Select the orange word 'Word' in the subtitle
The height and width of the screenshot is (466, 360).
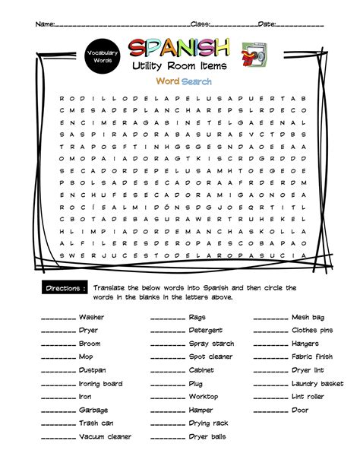pyautogui.click(x=167, y=81)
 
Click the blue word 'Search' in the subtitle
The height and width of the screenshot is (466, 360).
pyautogui.click(x=196, y=81)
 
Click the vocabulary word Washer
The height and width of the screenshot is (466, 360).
pyautogui.click(x=91, y=317)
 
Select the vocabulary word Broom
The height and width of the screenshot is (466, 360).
pyautogui.click(x=89, y=344)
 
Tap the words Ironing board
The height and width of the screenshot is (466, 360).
pyautogui.click(x=100, y=384)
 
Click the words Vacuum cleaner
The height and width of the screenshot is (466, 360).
pyautogui.click(x=105, y=436)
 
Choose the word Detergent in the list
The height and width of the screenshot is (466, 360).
pyautogui.click(x=205, y=330)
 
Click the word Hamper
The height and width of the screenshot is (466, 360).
pyautogui.click(x=201, y=410)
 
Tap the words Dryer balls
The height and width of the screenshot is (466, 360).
pyautogui.click(x=207, y=436)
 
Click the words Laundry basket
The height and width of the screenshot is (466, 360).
pyautogui.click(x=317, y=384)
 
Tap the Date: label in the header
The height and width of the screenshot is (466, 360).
pyautogui.click(x=267, y=24)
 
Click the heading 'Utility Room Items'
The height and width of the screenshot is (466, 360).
pyautogui.click(x=179, y=68)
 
